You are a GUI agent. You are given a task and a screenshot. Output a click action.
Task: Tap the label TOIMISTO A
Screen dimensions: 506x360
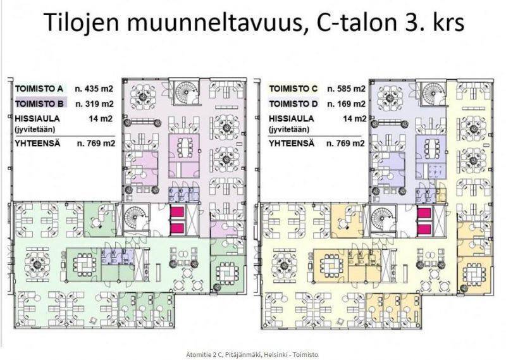pos(39,89)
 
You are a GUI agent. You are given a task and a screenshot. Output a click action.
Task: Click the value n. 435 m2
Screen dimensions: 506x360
pos(94,89)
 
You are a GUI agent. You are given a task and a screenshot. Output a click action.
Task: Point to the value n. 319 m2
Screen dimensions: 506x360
pos(94,104)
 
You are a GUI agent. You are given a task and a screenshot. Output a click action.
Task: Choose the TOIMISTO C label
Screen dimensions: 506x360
pos(293,89)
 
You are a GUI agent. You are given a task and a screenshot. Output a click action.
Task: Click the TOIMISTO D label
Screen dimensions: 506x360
pos(293,104)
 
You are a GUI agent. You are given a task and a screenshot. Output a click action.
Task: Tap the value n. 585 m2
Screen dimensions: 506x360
pos(346,89)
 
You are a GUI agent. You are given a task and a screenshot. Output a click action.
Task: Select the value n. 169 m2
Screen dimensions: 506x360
pos(346,104)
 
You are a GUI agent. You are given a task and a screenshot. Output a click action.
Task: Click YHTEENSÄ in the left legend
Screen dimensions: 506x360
pos(37,143)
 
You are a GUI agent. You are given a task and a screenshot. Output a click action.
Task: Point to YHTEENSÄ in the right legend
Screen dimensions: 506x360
pos(292,143)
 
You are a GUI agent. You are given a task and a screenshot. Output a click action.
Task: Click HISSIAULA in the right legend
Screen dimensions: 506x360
pos(292,118)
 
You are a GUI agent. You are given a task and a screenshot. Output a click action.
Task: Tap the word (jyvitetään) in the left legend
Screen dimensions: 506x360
pos(35,130)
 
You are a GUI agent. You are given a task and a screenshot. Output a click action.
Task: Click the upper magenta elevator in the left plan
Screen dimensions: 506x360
pos(177,213)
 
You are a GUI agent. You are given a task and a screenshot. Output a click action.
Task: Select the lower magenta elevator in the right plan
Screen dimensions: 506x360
pos(424,229)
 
